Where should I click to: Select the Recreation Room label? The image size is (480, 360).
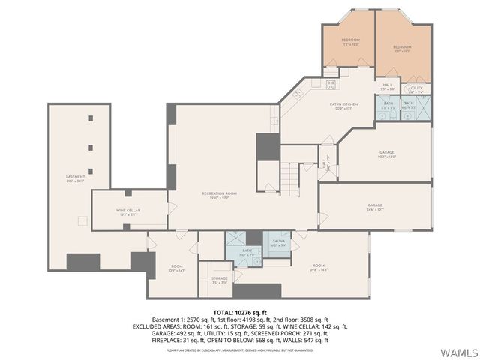220,195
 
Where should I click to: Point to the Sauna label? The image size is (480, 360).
277,243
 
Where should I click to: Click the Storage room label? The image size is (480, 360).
219,280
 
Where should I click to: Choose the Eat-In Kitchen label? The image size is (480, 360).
343,106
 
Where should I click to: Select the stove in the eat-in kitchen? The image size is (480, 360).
330,84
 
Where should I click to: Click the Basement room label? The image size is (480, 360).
75,178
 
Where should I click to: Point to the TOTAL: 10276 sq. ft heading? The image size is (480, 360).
239,312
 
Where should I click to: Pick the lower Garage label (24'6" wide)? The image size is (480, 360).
375,207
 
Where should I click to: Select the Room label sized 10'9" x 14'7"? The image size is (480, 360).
177,268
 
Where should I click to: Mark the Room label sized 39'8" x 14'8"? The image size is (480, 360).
319,268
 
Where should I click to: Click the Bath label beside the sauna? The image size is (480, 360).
247,253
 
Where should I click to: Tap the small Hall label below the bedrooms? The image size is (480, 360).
388,86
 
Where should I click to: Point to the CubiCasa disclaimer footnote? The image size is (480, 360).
239,349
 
